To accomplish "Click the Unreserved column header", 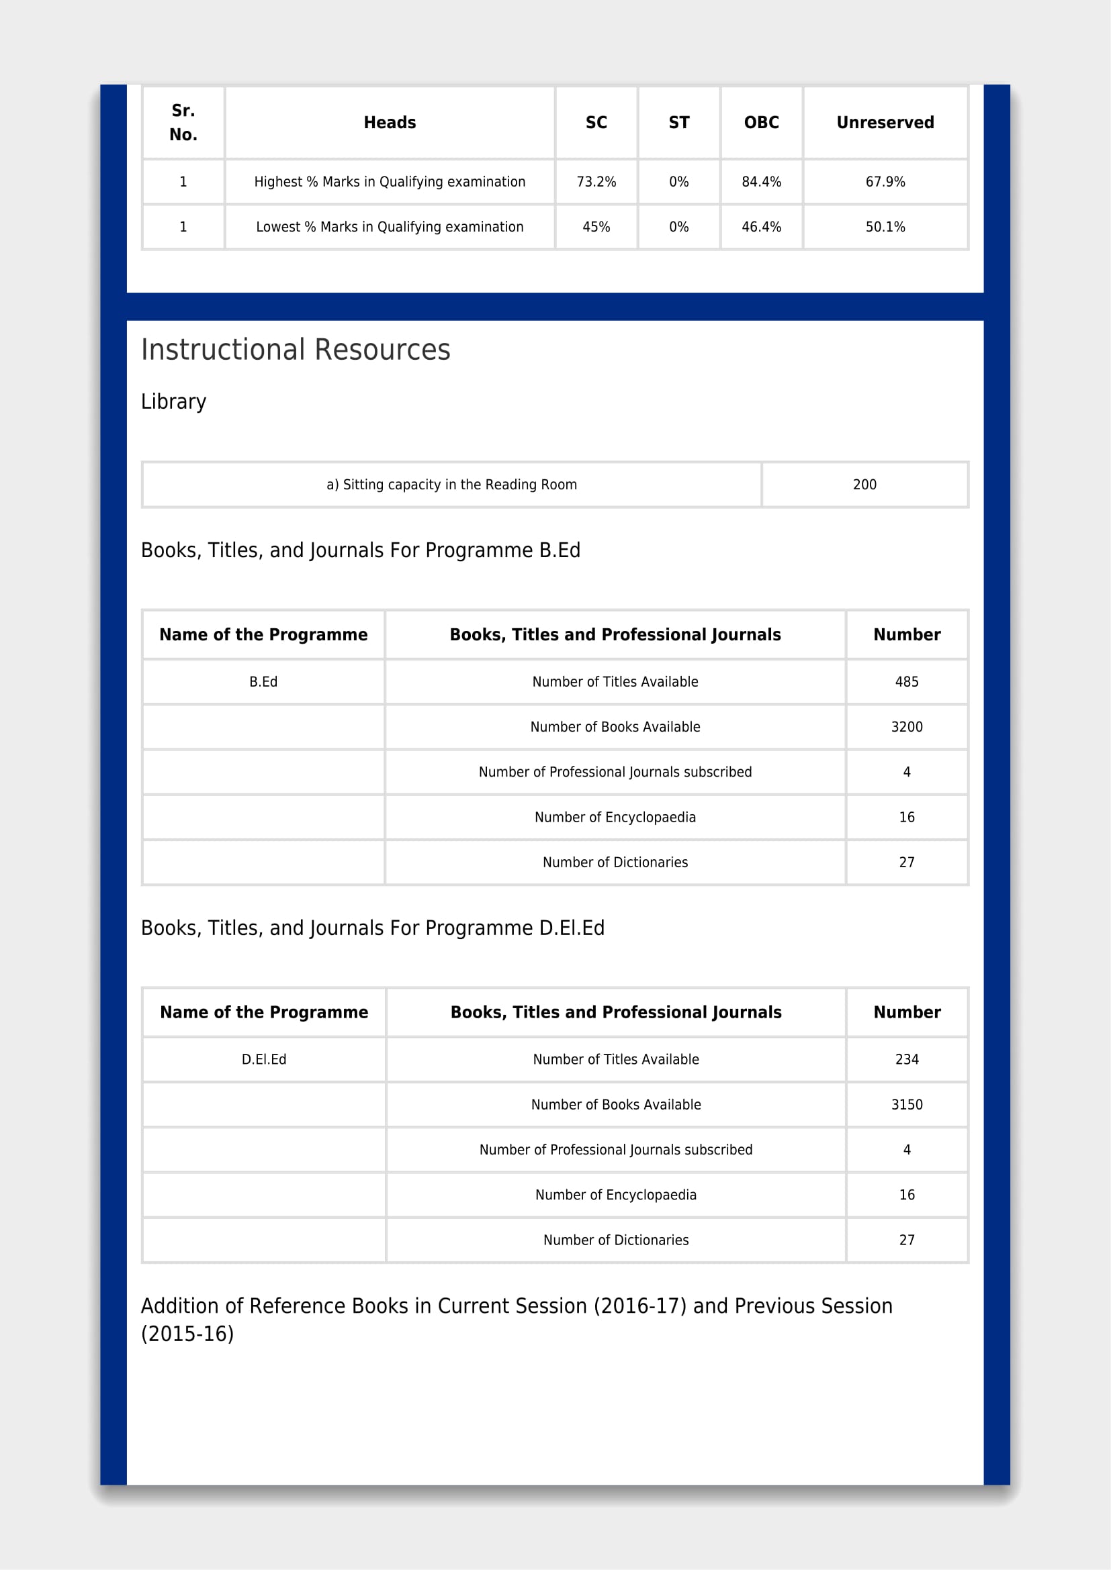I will pos(885,122).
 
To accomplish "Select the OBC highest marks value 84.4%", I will pos(761,182).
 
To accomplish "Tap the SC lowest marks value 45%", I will pos(596,227).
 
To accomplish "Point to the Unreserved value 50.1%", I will pos(885,227).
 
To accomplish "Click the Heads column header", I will pos(390,122).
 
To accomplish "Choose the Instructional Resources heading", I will pos(296,350).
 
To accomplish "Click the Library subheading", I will pos(173,401).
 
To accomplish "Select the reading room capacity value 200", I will pos(864,485).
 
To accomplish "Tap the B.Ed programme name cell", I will pos(263,682).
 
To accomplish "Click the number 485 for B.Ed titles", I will pos(906,682).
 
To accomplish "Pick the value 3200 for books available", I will pos(906,727).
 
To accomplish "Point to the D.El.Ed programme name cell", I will pos(263,1059).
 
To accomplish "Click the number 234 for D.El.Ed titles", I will pos(906,1059).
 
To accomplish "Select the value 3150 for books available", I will pos(906,1104).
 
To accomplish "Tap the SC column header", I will pos(596,122).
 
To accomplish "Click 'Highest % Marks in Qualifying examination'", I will pos(390,182).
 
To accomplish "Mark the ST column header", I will pos(678,122).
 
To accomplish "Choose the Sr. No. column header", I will pos(183,122).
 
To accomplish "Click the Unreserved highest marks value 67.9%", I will pos(885,182).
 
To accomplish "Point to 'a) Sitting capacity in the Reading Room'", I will pos(451,485).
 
